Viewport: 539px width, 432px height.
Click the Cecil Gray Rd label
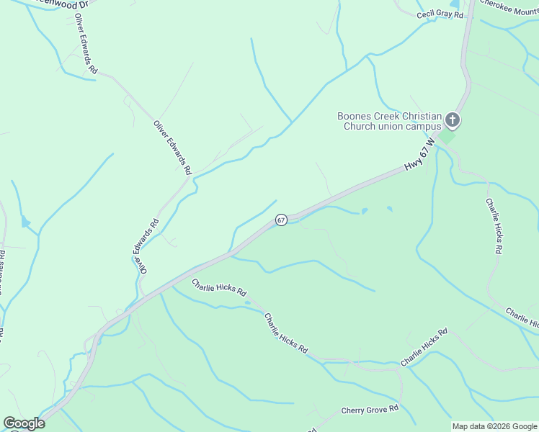point(440,14)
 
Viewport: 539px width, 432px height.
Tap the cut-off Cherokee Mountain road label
point(509,4)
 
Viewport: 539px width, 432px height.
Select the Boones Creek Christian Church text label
point(389,121)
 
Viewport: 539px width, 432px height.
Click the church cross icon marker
point(453,120)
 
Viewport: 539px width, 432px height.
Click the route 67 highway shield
point(281,220)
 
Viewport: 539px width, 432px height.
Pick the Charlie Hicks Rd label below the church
point(494,226)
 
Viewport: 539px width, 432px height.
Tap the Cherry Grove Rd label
point(370,410)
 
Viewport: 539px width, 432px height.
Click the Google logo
point(23,423)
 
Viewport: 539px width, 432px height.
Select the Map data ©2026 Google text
point(494,426)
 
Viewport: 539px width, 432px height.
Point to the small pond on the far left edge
point(26,222)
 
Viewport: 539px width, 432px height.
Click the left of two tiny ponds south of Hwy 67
point(364,212)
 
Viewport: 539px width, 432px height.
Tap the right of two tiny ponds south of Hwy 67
point(390,210)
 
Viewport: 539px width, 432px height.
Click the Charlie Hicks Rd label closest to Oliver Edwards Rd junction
point(219,288)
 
